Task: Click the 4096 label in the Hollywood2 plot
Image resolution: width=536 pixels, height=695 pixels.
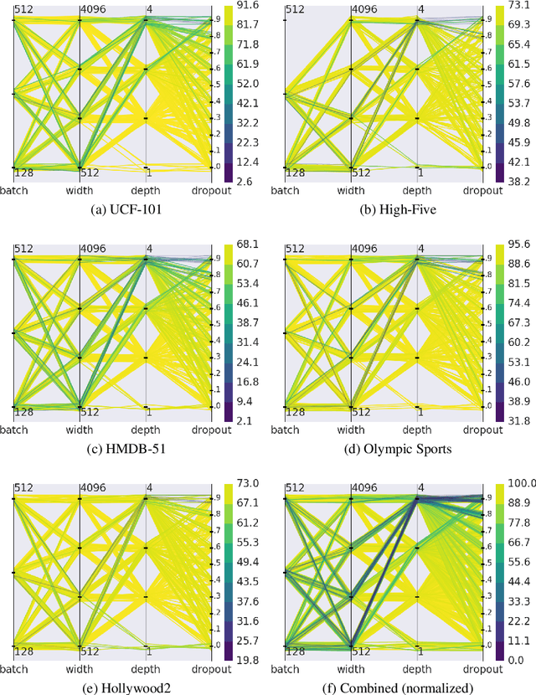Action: point(94,488)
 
